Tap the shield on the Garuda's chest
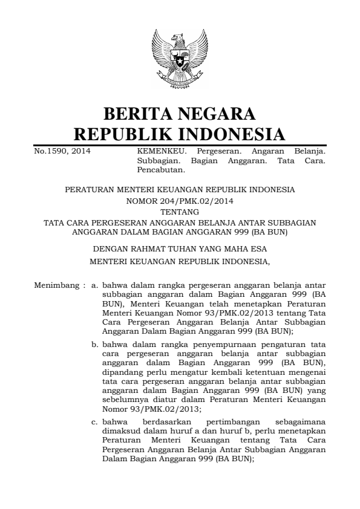180,61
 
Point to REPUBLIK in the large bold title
120,135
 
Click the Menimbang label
56,285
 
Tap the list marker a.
95,285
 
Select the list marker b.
95,344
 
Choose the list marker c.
95,420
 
